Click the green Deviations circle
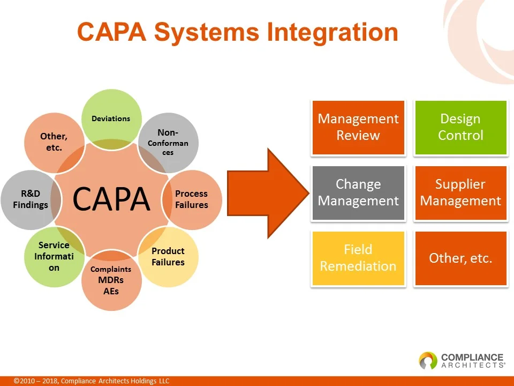click(111, 119)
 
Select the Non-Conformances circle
click(168, 143)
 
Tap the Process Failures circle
click(192, 199)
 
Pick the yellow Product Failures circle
click(168, 257)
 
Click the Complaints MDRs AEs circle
click(111, 280)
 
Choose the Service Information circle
click(55, 257)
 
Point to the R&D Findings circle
click(31, 199)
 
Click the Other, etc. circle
click(55, 143)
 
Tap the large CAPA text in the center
click(111, 199)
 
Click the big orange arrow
click(268, 194)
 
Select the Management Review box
click(358, 128)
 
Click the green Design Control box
click(460, 128)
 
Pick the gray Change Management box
click(358, 192)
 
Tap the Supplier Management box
click(460, 192)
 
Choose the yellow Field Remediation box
click(358, 258)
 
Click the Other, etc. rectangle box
click(460, 258)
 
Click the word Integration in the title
click(332, 33)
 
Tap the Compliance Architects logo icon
click(428, 360)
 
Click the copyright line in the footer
click(92, 381)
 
